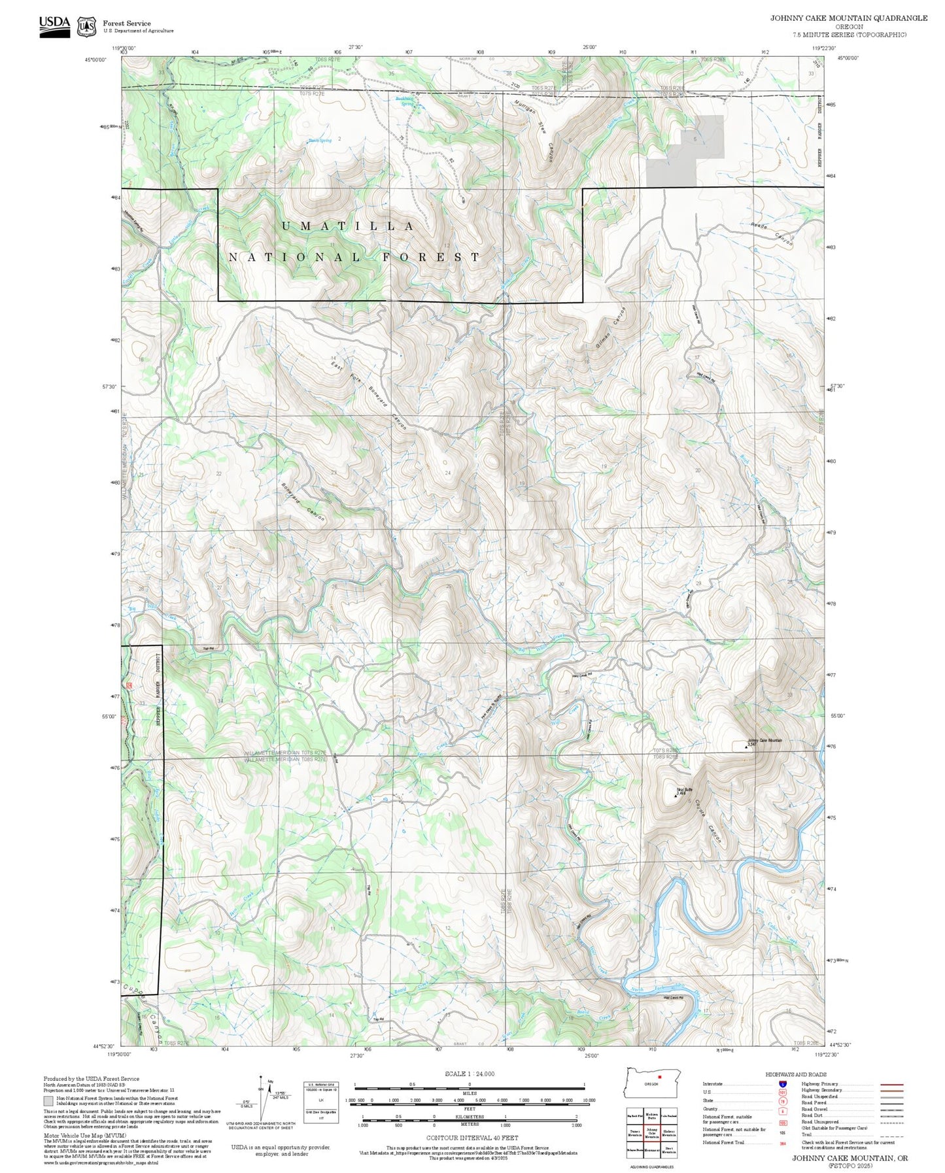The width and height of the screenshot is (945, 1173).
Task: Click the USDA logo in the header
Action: click(x=54, y=26)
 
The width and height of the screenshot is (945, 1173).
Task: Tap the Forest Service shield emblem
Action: click(x=86, y=27)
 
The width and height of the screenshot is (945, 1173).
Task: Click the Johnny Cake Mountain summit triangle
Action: click(x=747, y=746)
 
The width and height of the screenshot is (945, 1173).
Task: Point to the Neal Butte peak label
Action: click(x=683, y=790)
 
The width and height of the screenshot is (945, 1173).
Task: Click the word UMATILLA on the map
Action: click(x=347, y=226)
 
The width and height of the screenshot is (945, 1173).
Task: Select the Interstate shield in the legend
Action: click(x=782, y=1084)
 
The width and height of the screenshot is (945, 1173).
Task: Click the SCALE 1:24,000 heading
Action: click(x=469, y=1074)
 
